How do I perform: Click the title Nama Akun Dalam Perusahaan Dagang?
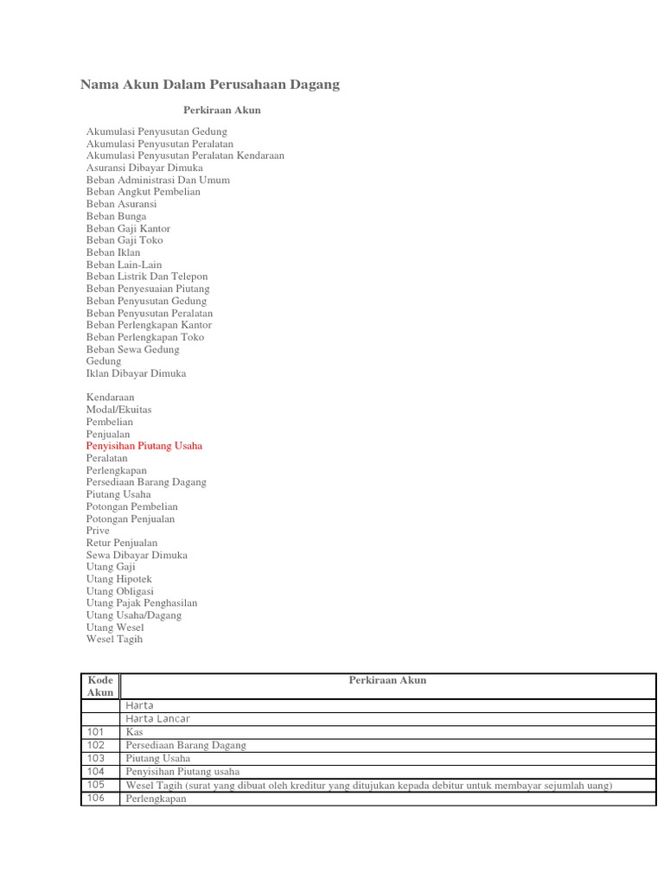pos(210,84)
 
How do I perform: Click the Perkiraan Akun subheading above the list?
pos(222,111)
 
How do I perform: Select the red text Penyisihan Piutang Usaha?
pos(144,446)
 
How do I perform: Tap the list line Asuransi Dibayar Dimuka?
pos(144,168)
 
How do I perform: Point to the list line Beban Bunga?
pos(116,216)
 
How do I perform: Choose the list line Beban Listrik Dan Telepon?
pos(147,277)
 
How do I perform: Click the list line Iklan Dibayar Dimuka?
pos(136,373)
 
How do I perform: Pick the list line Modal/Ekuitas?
pos(119,410)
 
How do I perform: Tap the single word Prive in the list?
pos(98,531)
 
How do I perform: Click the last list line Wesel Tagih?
pos(114,640)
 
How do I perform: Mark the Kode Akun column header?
pos(100,686)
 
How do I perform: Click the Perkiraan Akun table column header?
pos(387,680)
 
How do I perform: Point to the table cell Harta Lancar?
pos(158,718)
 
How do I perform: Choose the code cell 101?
pos(95,731)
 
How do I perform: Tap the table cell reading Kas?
pos(135,731)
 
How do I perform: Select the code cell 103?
pos(95,758)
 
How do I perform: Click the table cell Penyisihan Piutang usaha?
pos(183,772)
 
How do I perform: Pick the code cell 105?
pos(95,785)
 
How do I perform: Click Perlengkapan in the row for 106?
pos(156,799)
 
